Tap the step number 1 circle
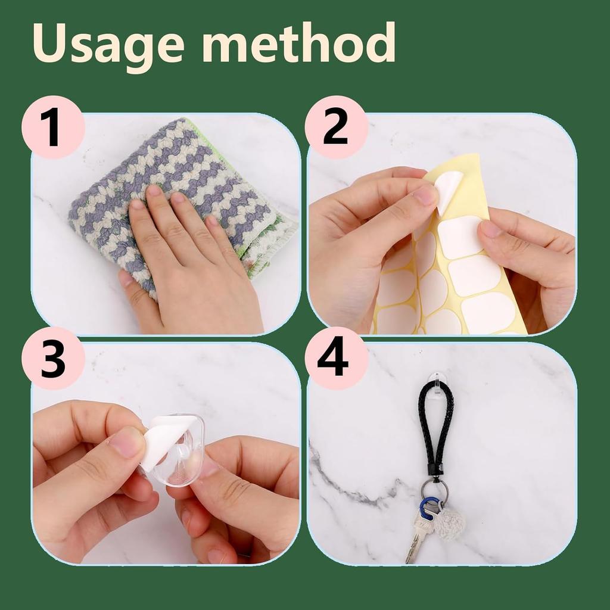[52, 127]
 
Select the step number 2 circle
[336, 127]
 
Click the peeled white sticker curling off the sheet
[448, 189]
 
